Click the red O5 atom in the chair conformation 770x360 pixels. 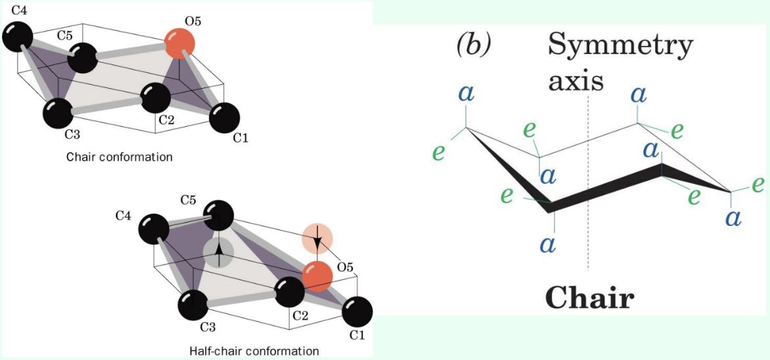point(179,43)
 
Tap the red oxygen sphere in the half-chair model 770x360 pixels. point(317,276)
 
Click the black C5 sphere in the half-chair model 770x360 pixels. point(217,216)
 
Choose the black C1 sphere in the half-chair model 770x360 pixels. point(357,311)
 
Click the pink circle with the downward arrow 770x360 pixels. point(317,239)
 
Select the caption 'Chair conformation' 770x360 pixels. point(119,157)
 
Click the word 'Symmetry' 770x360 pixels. point(620,45)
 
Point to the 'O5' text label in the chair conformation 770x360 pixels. point(192,21)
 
